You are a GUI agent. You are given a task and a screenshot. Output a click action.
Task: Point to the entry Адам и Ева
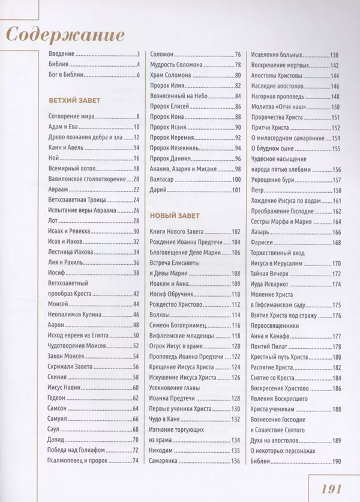pyautogui.click(x=62, y=127)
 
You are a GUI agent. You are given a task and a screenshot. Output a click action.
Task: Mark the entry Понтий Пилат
pyautogui.click(x=269, y=347)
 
